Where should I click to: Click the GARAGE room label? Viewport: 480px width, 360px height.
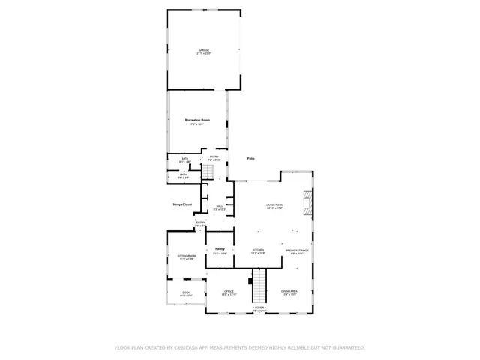[203, 51]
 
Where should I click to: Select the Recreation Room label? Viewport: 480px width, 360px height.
[197, 121]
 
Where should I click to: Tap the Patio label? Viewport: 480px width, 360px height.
[252, 159]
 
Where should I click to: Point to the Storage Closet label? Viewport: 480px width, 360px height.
[181, 204]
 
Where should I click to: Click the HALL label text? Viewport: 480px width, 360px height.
[220, 206]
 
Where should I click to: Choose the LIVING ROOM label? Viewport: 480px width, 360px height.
[274, 205]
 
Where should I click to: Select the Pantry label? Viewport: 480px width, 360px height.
[220, 248]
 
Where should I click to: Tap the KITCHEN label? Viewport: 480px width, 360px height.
[258, 250]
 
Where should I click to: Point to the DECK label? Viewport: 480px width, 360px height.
[186, 292]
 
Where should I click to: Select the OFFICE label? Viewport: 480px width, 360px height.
[229, 291]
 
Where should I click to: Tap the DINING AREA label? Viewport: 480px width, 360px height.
[289, 291]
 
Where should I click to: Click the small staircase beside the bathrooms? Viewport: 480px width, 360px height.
[209, 172]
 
